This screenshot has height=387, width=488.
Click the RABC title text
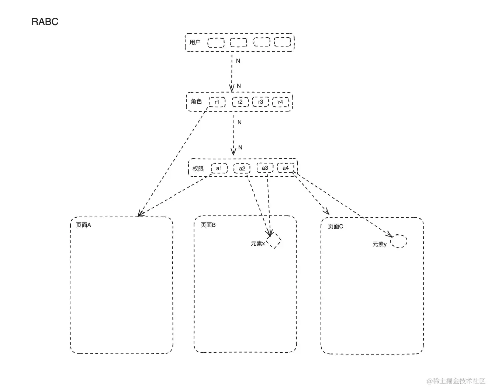[x=45, y=22]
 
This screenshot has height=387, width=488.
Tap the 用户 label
[x=195, y=42]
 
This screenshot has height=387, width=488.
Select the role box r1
[x=217, y=102]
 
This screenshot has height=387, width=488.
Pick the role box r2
[x=240, y=102]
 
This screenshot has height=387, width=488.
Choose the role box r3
[x=260, y=102]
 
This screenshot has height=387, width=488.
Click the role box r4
[x=280, y=102]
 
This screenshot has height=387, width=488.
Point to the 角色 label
[x=196, y=101]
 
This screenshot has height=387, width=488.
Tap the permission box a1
[x=219, y=168]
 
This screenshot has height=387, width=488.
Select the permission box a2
[x=242, y=169]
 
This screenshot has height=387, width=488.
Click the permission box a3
[x=265, y=168]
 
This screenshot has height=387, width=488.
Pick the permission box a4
[x=285, y=168]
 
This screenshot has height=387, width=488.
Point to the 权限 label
[x=198, y=169]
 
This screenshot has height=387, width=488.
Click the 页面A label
[x=83, y=225]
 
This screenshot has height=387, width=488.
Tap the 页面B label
[x=208, y=225]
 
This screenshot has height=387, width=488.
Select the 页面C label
[x=335, y=227]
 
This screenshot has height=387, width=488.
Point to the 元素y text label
[x=380, y=244]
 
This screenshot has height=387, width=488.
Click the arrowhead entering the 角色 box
[x=232, y=89]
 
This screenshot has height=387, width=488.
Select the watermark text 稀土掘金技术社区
[x=459, y=381]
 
